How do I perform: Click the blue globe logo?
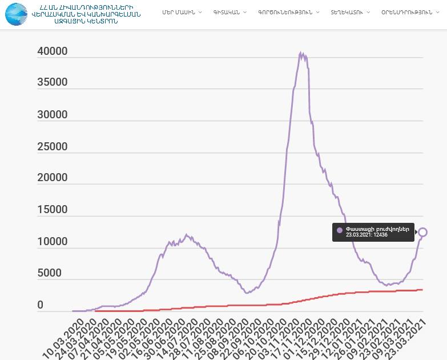17,14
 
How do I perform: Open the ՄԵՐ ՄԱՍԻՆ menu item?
178,12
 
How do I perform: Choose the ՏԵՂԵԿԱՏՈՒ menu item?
347,12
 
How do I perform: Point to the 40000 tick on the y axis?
53,51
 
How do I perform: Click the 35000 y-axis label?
53,82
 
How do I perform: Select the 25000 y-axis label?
53,147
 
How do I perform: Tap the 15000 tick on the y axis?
53,210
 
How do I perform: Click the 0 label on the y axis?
41,306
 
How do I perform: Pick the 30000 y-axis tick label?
53,114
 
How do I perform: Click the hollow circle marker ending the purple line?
422,232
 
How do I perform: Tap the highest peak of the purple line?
301,53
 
